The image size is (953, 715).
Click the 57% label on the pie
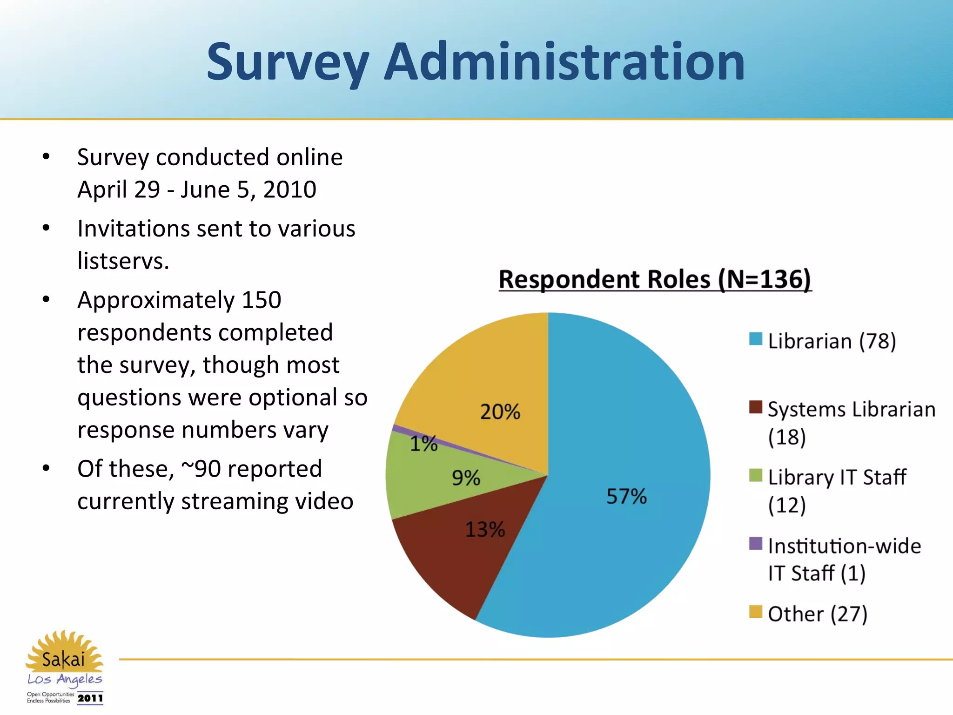pyautogui.click(x=626, y=496)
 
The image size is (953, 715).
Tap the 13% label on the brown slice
pyautogui.click(x=485, y=530)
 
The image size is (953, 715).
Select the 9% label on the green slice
pyautogui.click(x=466, y=478)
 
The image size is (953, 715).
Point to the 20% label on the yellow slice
pyautogui.click(x=500, y=412)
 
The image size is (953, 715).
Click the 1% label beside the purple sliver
pyautogui.click(x=423, y=444)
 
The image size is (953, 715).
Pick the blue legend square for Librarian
pyautogui.click(x=756, y=339)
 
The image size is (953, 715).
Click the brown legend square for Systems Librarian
pyautogui.click(x=756, y=407)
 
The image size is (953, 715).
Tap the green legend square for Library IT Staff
pyautogui.click(x=756, y=475)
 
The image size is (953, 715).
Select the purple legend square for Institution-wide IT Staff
pyautogui.click(x=756, y=543)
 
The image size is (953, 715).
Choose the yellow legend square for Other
pyautogui.click(x=756, y=612)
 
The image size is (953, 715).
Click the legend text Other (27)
pyautogui.click(x=818, y=614)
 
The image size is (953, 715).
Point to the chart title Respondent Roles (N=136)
pyautogui.click(x=655, y=280)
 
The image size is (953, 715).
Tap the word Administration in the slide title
pyautogui.click(x=564, y=61)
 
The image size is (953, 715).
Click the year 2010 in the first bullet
pyautogui.click(x=289, y=190)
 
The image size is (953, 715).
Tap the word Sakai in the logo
pyautogui.click(x=64, y=659)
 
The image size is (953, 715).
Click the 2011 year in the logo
pyautogui.click(x=90, y=698)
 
